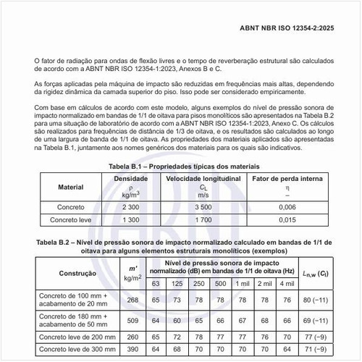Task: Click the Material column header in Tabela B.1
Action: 70,186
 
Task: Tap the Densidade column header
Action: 131,178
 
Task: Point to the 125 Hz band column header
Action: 177,282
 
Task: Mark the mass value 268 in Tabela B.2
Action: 132,299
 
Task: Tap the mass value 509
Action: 132,319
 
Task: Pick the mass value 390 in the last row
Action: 132,349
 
